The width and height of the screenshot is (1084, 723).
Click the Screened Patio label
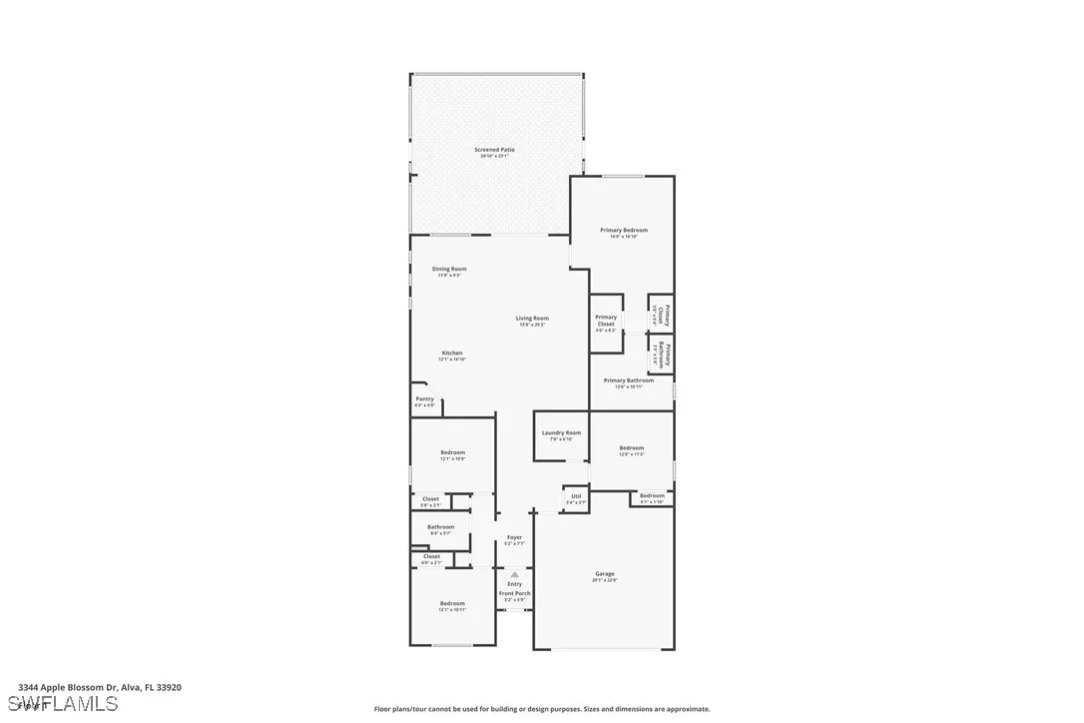click(494, 150)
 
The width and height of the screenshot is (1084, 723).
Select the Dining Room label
click(449, 269)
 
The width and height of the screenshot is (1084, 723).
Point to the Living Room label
click(532, 319)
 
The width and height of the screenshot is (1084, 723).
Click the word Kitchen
click(452, 353)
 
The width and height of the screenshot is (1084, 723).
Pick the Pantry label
click(424, 398)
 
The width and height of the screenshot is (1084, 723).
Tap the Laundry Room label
click(561, 432)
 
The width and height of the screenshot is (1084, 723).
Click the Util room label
click(576, 496)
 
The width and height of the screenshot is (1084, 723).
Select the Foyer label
click(514, 537)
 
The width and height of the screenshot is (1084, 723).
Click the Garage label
click(605, 573)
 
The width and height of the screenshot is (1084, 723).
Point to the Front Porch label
click(515, 593)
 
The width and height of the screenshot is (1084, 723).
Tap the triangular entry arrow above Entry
click(514, 574)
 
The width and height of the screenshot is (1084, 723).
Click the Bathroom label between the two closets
click(440, 526)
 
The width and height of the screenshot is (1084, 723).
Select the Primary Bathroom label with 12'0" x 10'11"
click(629, 380)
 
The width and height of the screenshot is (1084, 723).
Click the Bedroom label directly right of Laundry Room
click(631, 448)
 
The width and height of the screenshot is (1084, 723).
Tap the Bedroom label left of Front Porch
click(452, 603)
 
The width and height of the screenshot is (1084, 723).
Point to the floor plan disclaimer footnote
click(542, 709)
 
